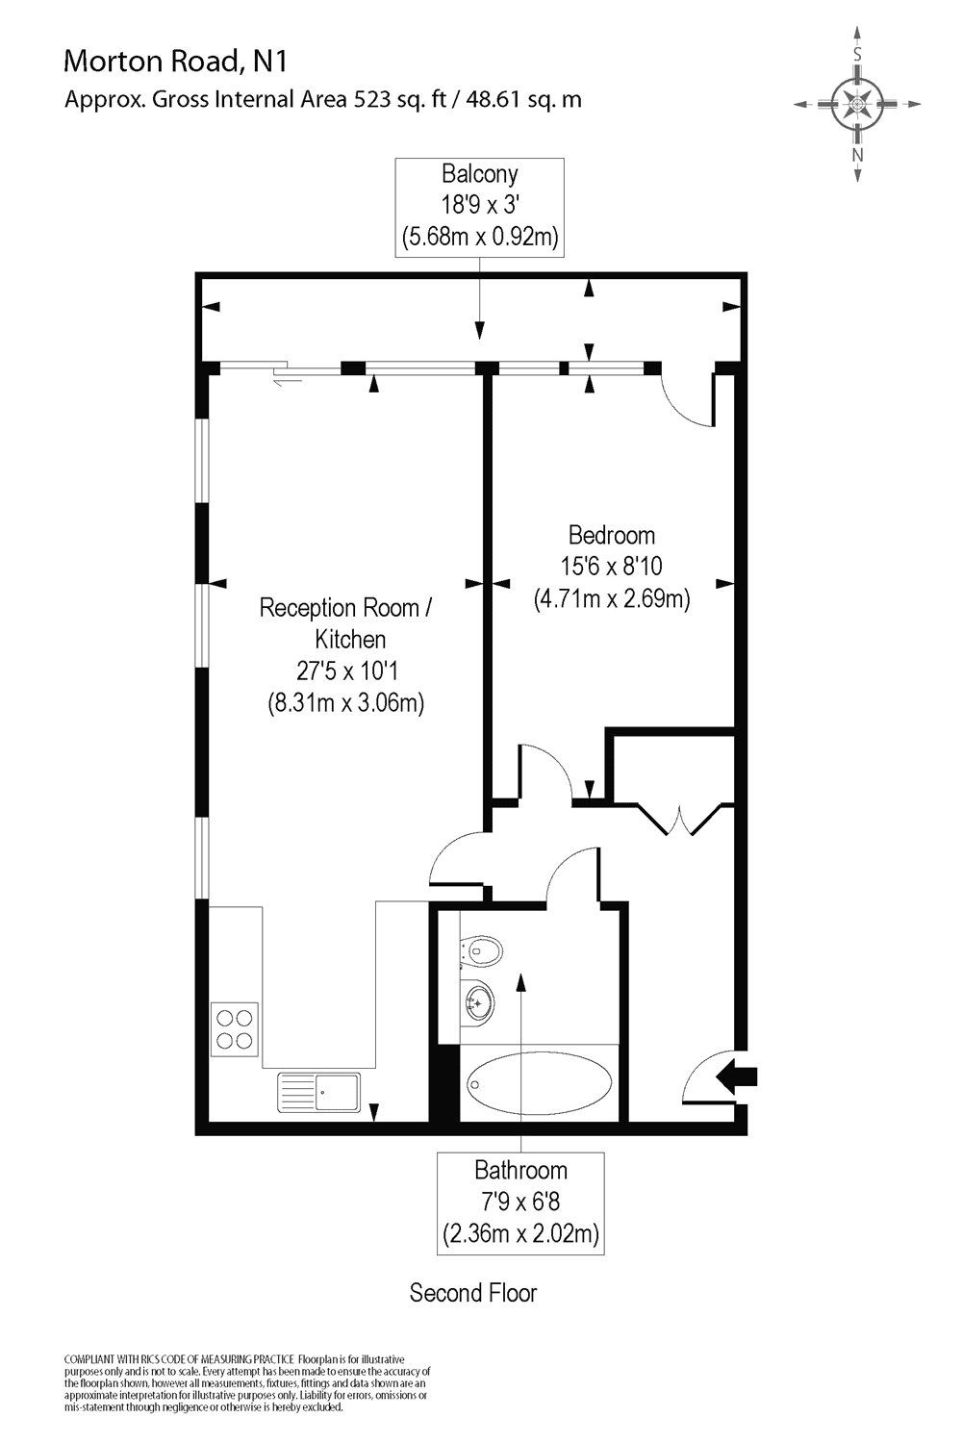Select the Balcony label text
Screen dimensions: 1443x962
(x=479, y=174)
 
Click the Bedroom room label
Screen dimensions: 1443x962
(x=612, y=535)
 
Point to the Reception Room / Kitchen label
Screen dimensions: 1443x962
(x=345, y=622)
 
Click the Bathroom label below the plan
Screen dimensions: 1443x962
(x=520, y=1170)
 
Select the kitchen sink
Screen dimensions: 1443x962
(x=319, y=1094)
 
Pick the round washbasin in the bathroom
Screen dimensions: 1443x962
(x=476, y=1003)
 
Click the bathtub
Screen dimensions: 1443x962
(x=540, y=1084)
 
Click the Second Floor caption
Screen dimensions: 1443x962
(x=473, y=1292)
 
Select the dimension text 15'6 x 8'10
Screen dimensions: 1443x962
(x=612, y=567)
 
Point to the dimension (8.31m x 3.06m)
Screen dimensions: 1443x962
(x=345, y=702)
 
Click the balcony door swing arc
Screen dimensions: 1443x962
(x=685, y=404)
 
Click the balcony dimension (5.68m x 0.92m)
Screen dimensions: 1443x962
(x=479, y=236)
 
